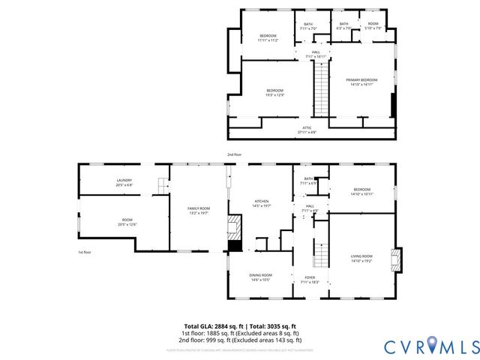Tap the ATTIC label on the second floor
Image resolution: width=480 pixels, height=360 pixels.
307,130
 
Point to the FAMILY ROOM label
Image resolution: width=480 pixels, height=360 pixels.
199,210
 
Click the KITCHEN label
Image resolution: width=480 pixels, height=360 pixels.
261,203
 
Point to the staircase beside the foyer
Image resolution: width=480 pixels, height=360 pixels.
320,256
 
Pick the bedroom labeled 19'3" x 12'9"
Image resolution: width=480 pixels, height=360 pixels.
275,93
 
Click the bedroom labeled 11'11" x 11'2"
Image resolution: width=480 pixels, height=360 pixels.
268,38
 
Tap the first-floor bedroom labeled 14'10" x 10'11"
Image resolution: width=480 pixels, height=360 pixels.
361,191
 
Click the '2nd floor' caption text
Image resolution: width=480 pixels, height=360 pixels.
235,154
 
